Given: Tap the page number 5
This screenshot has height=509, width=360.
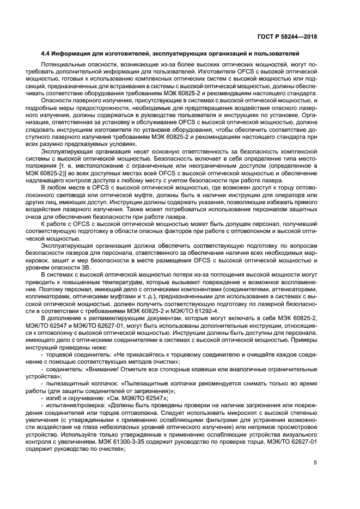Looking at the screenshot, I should coord(315,463).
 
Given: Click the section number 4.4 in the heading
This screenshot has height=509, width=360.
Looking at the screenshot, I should coord(47,54).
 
